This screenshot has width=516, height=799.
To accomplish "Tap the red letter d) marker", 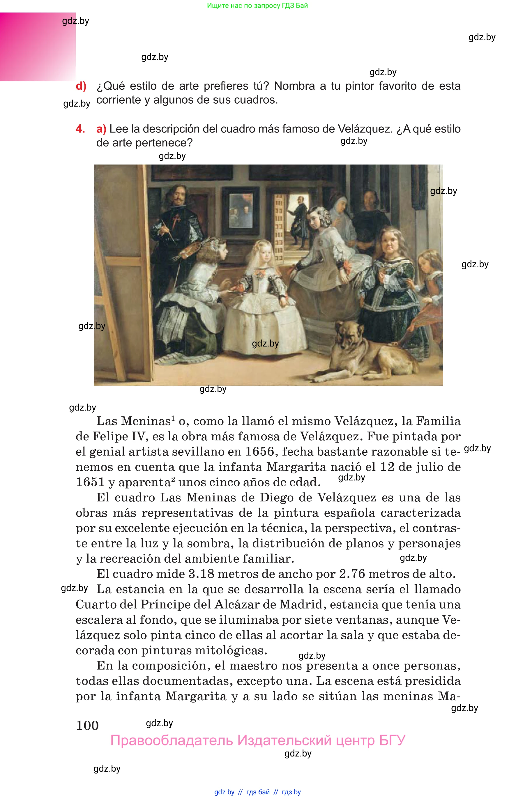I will tap(81, 86).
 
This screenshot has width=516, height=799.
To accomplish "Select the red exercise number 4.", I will tap(80, 129).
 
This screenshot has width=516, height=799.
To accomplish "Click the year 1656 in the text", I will tap(259, 452).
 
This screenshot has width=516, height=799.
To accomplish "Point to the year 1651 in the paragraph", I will tap(91, 482).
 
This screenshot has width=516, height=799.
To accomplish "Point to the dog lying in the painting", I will tap(369, 352).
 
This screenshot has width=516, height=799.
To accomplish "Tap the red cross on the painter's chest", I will tap(176, 221).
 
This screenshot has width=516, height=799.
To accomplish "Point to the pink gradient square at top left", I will tap(38, 47).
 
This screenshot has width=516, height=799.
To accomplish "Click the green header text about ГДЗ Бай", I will tap(257, 6).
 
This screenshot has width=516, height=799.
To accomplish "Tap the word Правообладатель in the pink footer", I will tap(171, 740).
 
